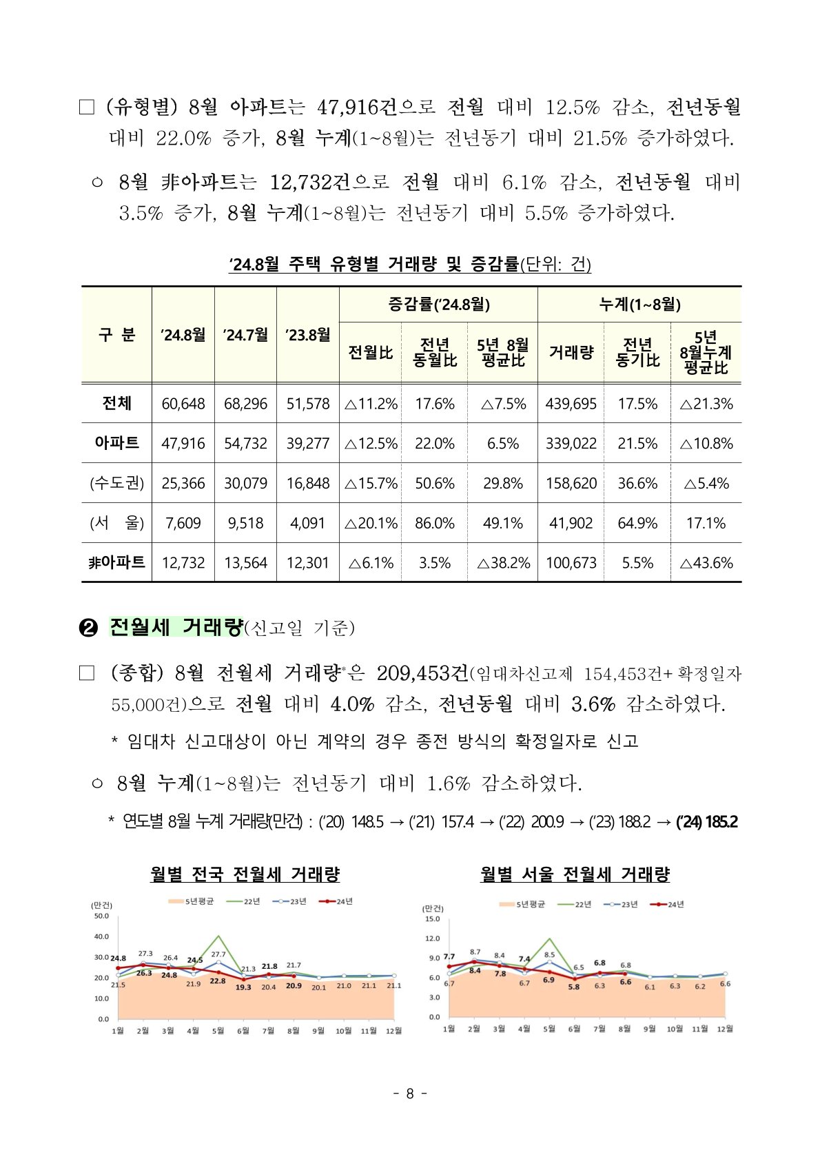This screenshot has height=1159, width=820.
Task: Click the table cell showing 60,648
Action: [183, 404]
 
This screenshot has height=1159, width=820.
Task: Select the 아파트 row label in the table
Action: [116, 443]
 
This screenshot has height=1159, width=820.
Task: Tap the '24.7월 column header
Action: [245, 335]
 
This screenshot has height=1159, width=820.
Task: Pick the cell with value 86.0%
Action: [434, 523]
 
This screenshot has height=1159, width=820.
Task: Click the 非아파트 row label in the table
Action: [116, 563]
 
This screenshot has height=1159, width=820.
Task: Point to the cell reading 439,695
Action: [571, 404]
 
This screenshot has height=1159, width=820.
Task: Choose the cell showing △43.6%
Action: [706, 563]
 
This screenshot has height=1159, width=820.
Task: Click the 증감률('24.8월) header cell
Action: [438, 305]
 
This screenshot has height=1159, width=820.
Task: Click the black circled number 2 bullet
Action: [89, 628]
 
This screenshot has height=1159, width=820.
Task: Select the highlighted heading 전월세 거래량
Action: [176, 627]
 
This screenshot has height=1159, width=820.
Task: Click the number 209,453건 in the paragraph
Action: [422, 673]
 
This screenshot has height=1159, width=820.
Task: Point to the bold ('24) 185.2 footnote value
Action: [707, 821]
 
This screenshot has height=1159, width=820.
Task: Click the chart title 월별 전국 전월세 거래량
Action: [245, 874]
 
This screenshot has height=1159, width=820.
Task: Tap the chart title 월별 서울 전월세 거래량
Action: [575, 874]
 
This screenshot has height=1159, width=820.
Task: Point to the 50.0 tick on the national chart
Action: [101, 916]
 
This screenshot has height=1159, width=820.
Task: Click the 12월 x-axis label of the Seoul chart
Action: [725, 1029]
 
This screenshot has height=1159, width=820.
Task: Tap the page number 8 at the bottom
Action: [409, 1094]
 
